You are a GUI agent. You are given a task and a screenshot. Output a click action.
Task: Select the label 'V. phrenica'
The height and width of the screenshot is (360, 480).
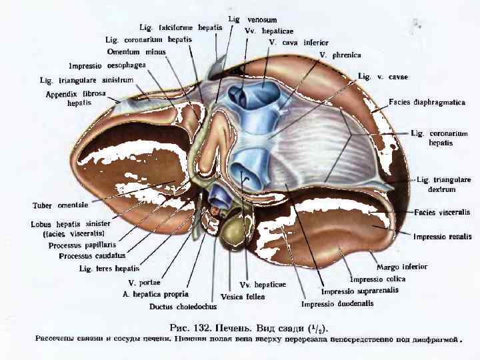coord(340,55)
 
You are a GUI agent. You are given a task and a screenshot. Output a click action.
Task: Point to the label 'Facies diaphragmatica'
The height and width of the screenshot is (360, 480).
coord(427,103)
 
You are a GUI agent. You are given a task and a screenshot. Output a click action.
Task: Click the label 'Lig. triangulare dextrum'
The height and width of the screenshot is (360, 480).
coord(443,185)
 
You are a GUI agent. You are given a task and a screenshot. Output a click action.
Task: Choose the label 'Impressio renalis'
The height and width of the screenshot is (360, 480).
coord(442,237)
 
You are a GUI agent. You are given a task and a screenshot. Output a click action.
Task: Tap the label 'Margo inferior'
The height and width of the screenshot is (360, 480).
coord(401,267)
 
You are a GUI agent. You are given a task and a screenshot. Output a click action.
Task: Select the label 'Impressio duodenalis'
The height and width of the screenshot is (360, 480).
coord(337,304)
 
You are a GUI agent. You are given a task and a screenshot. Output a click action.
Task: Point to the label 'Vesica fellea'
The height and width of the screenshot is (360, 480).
coord(243,296)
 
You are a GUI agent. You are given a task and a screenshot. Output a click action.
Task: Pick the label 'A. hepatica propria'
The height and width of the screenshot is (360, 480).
coord(155,293)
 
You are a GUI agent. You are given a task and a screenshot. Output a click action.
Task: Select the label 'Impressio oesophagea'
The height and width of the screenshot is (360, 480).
coord(107,65)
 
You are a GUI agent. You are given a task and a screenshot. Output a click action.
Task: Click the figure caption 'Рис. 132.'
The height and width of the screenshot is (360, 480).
coord(197,327)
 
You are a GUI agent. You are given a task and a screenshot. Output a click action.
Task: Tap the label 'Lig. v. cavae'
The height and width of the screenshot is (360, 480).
coord(383,77)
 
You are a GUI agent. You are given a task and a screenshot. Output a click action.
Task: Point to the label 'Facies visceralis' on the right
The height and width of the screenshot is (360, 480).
coord(442,212)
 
